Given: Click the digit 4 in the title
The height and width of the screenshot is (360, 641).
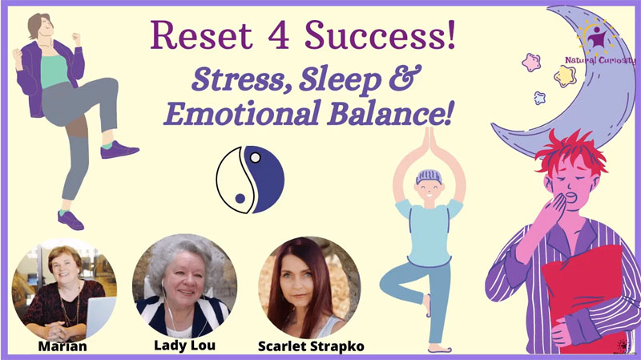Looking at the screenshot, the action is (279, 35).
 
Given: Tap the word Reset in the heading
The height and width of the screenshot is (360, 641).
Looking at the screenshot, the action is (202, 35).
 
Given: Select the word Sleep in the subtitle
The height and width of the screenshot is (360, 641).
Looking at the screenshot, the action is (340, 79).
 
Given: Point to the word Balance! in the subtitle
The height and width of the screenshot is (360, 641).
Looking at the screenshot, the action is (390, 112).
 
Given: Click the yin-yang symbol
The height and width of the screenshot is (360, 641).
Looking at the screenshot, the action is (250, 179).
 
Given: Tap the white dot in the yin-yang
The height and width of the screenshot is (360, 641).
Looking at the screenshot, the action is (255, 157).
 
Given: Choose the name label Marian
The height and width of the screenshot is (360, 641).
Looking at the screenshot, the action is (62, 346).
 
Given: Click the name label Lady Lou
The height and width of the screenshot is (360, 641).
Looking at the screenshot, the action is (184, 346).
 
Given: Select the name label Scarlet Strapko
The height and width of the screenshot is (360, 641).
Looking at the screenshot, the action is (311, 346).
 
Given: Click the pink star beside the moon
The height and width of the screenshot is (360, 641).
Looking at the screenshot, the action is (531, 63).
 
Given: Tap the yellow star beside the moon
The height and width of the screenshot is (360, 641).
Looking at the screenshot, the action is (565, 76).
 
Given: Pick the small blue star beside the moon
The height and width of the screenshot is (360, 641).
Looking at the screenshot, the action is (539, 98).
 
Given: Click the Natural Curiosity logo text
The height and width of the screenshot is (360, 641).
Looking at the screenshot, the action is (600, 61).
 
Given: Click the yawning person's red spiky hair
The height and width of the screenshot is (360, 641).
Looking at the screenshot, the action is (571, 151).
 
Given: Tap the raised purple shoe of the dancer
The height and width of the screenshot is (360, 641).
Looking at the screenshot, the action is (119, 150).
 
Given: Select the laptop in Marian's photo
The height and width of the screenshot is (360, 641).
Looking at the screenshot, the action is (99, 316).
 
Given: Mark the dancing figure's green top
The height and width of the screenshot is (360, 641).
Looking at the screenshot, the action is (54, 71).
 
